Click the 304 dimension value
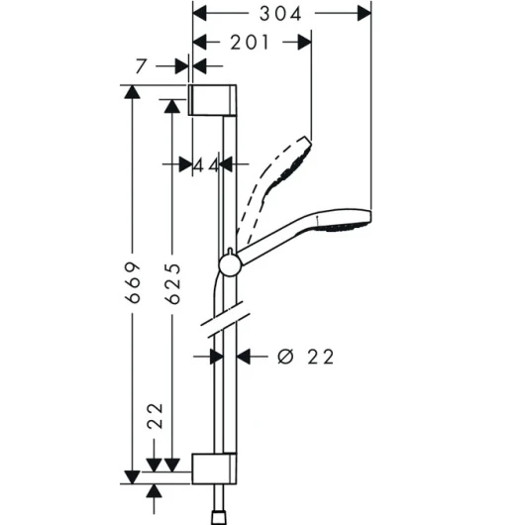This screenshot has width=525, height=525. [280, 14]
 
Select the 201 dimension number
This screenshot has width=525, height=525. [250, 43]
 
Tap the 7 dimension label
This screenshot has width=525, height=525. [141, 66]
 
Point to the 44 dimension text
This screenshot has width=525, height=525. [206, 165]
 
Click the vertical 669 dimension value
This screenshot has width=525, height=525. [133, 282]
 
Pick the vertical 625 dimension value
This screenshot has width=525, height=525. [173, 283]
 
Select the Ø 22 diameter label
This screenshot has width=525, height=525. [306, 357]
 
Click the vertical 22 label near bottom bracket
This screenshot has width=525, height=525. [155, 415]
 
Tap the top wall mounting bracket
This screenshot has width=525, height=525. [212, 100]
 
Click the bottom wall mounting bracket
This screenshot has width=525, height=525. [214, 469]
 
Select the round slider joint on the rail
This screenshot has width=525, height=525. [230, 265]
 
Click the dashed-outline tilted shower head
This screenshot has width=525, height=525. [274, 187]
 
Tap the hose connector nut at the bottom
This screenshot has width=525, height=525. [218, 518]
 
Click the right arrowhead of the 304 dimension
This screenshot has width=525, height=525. [365, 14]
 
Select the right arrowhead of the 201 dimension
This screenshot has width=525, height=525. [305, 43]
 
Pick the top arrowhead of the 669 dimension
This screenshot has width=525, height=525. [133, 92]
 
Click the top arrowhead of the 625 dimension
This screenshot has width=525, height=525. [172, 106]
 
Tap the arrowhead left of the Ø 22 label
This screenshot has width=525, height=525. [217, 357]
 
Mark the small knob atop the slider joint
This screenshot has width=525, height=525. [230, 252]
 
